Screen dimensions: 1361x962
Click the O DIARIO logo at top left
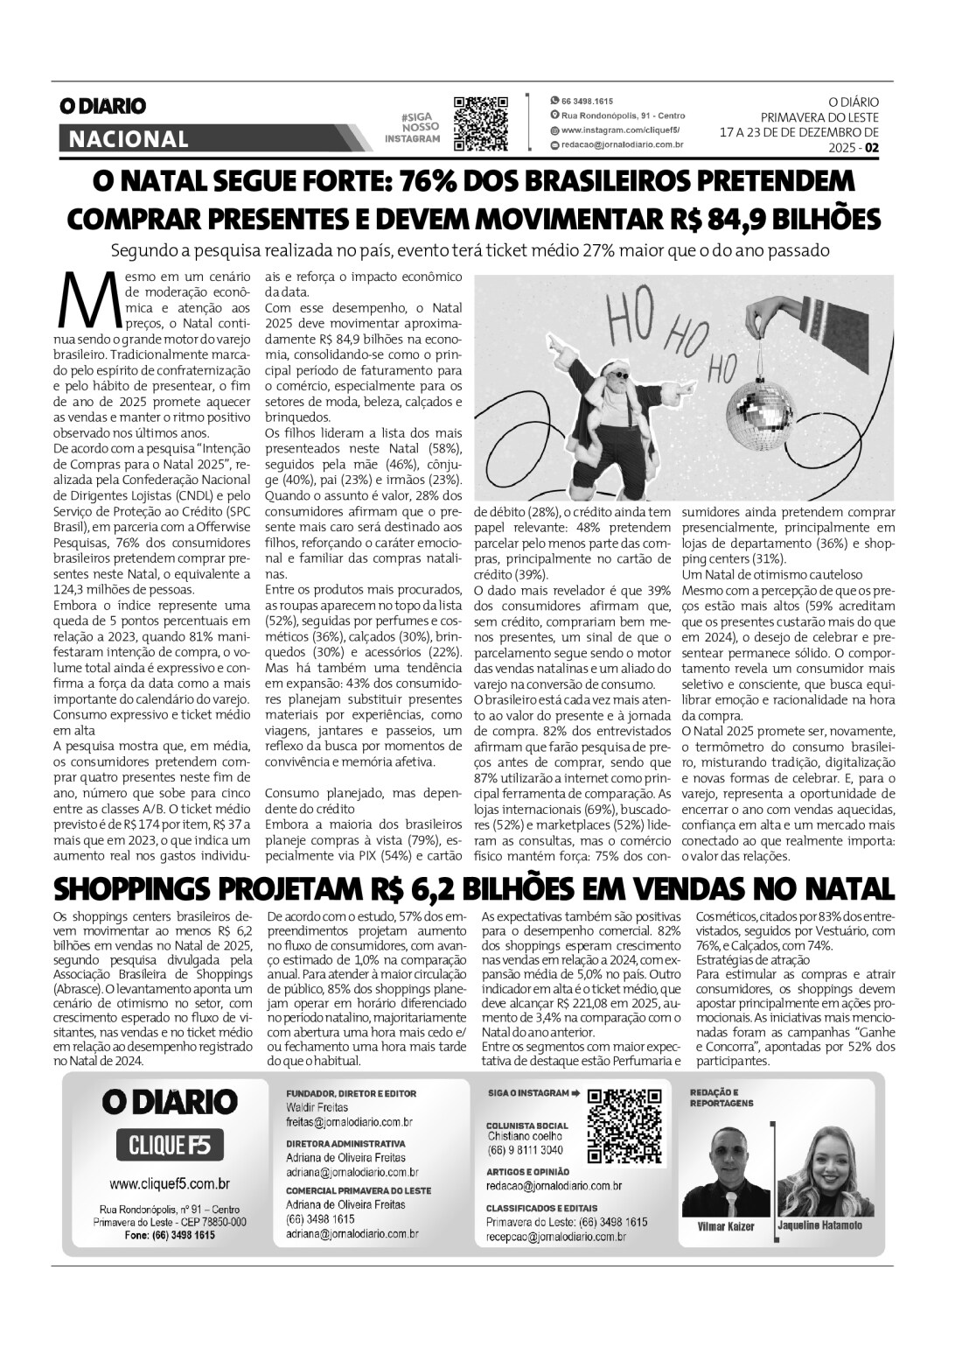[102, 106]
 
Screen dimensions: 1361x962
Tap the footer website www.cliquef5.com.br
[170, 1184]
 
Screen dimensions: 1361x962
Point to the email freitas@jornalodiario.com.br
[349, 1121]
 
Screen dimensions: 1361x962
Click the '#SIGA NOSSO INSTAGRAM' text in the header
[415, 128]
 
